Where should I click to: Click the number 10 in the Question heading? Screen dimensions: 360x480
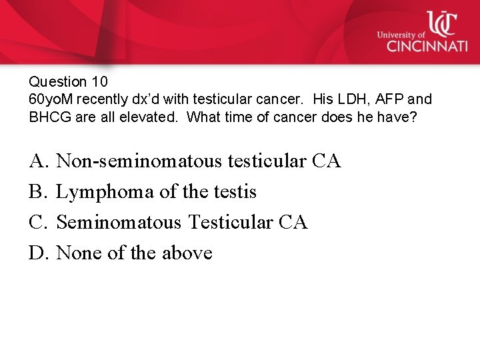pyautogui.click(x=98, y=82)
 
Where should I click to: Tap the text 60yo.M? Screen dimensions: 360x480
pyautogui.click(x=51, y=99)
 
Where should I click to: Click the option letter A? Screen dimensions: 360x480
pyautogui.click(x=37, y=161)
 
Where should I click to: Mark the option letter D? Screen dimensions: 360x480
pyautogui.click(x=37, y=253)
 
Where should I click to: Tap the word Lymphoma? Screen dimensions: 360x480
pyautogui.click(x=106, y=192)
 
